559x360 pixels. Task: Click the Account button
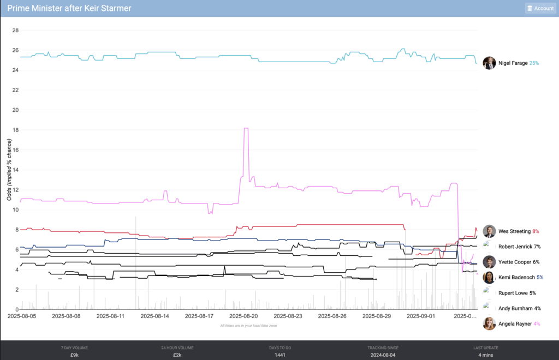pyautogui.click(x=540, y=8)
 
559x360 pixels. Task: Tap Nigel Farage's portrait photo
pyautogui.click(x=489, y=63)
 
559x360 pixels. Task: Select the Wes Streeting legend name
pyautogui.click(x=514, y=232)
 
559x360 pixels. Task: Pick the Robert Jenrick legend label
pyautogui.click(x=515, y=247)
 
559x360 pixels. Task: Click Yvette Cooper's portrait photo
pyautogui.click(x=489, y=262)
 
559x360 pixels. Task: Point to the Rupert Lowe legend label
pyautogui.click(x=513, y=293)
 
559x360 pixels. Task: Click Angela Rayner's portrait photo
pyautogui.click(x=489, y=323)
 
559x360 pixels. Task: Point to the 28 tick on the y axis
pyautogui.click(x=15, y=31)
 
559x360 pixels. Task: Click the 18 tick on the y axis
pyautogui.click(x=15, y=130)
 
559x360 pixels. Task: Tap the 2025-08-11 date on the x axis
pyautogui.click(x=111, y=316)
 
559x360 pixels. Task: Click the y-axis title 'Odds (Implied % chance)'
pyautogui.click(x=9, y=170)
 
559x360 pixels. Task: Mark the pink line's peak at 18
pyautogui.click(x=246, y=128)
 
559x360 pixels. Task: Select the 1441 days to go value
pyautogui.click(x=279, y=355)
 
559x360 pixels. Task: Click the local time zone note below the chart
pyautogui.click(x=248, y=326)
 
